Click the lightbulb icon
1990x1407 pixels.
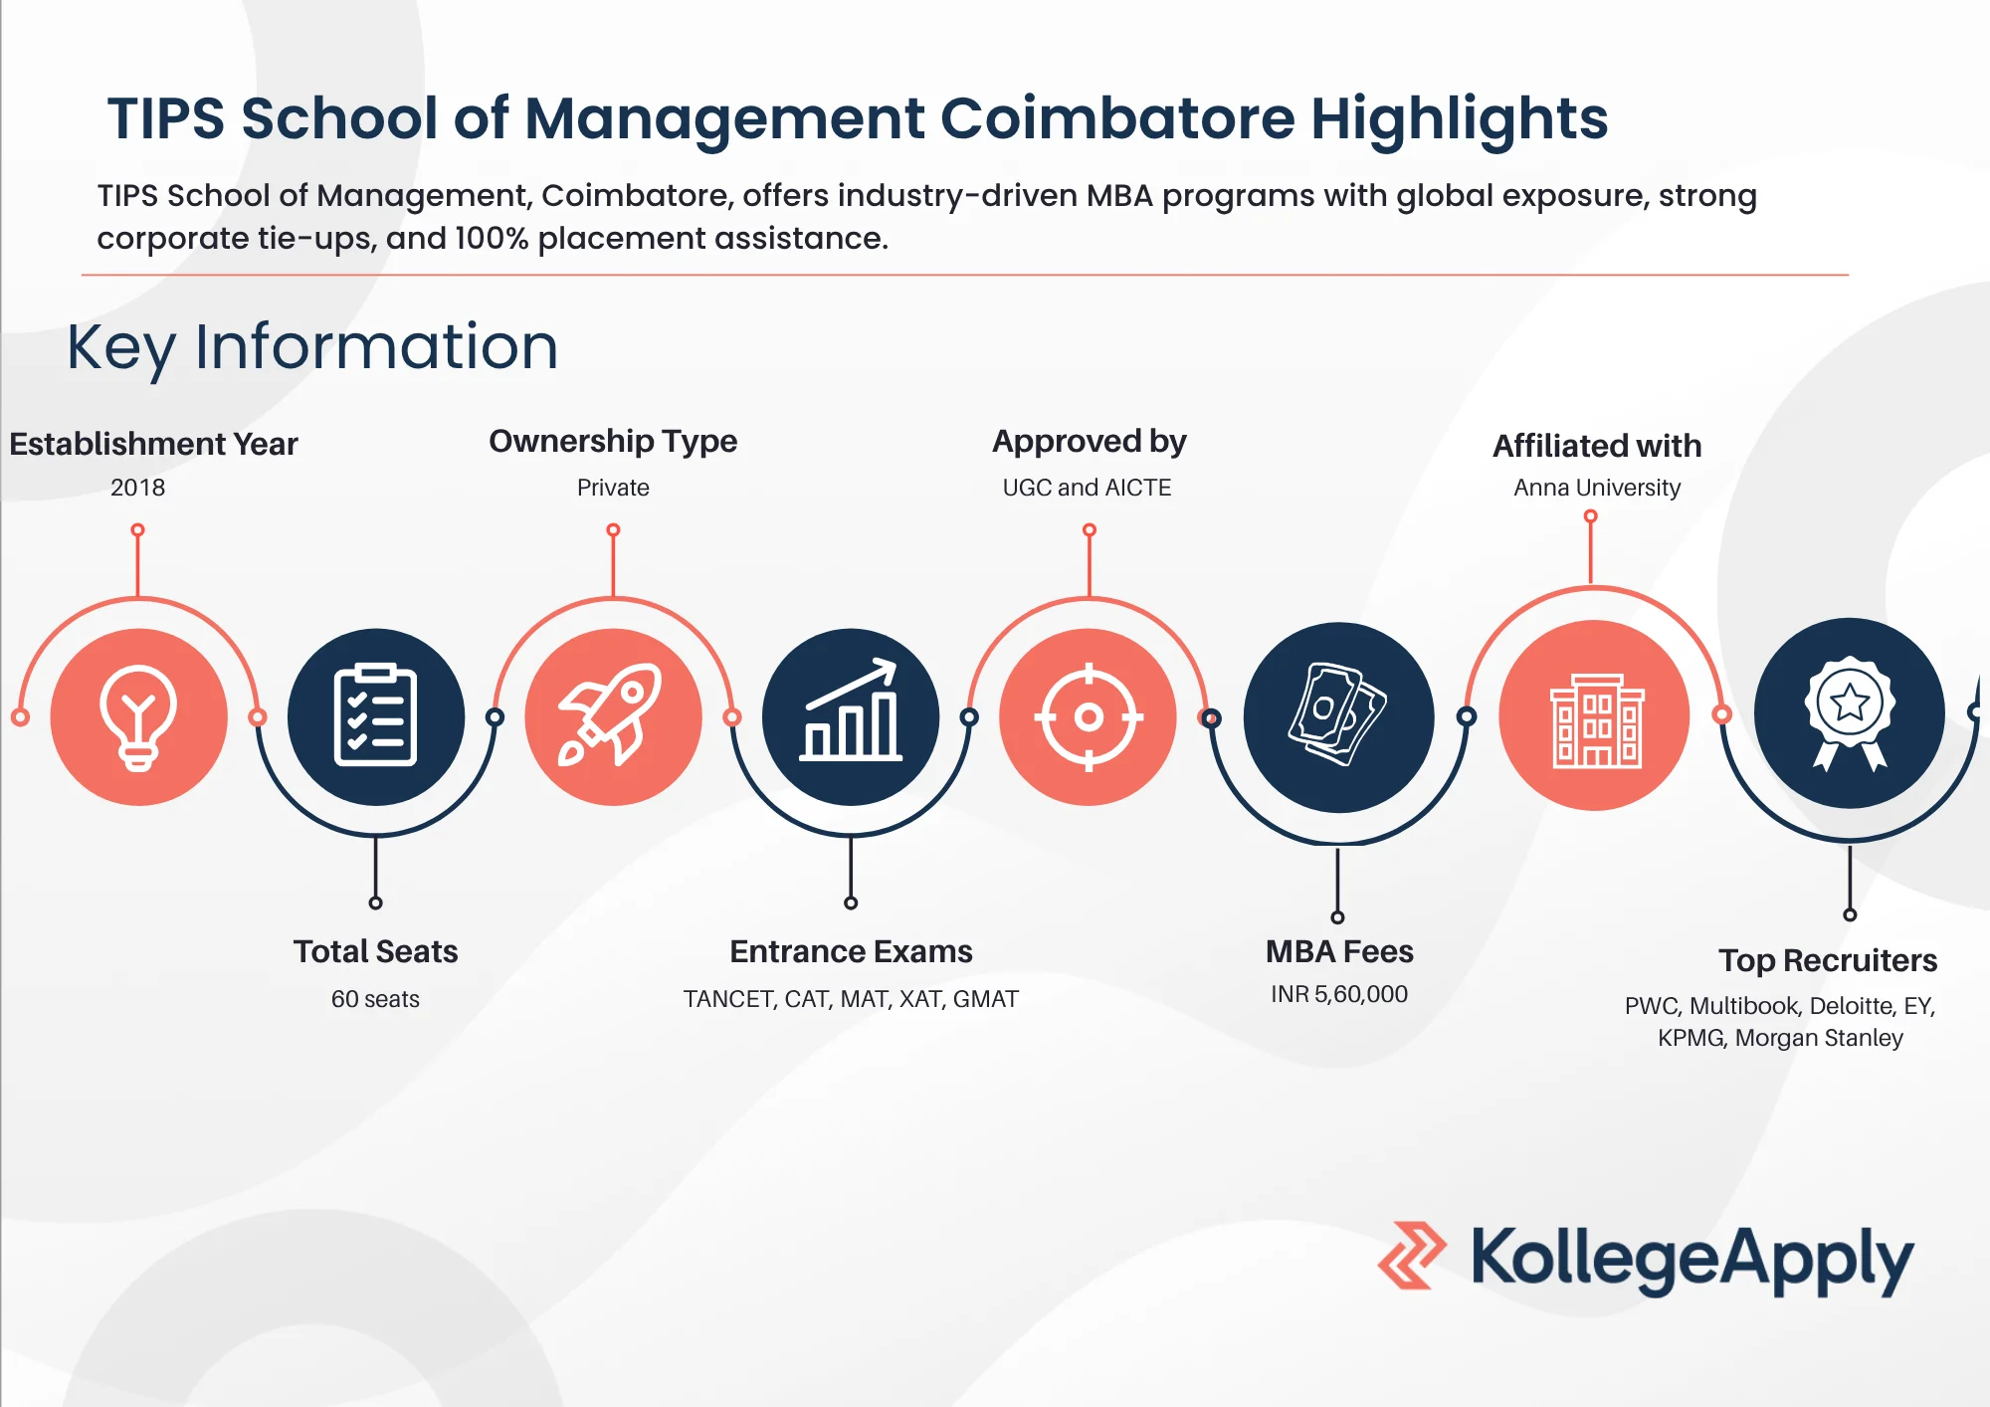[138, 717]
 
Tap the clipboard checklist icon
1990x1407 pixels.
[375, 714]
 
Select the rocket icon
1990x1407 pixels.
[611, 714]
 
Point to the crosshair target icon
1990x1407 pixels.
[1089, 716]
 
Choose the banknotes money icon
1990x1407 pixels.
[1337, 714]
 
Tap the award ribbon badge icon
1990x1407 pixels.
[1850, 712]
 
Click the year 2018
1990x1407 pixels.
[137, 488]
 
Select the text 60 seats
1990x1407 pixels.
[375, 999]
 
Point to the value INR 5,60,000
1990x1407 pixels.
[1339, 994]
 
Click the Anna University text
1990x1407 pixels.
[1597, 488]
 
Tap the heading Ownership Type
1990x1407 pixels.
[613, 441]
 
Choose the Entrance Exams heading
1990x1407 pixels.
[851, 951]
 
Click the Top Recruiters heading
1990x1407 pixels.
[1828, 960]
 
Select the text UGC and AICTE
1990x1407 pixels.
[1087, 488]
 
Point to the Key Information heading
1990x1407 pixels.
[312, 347]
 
